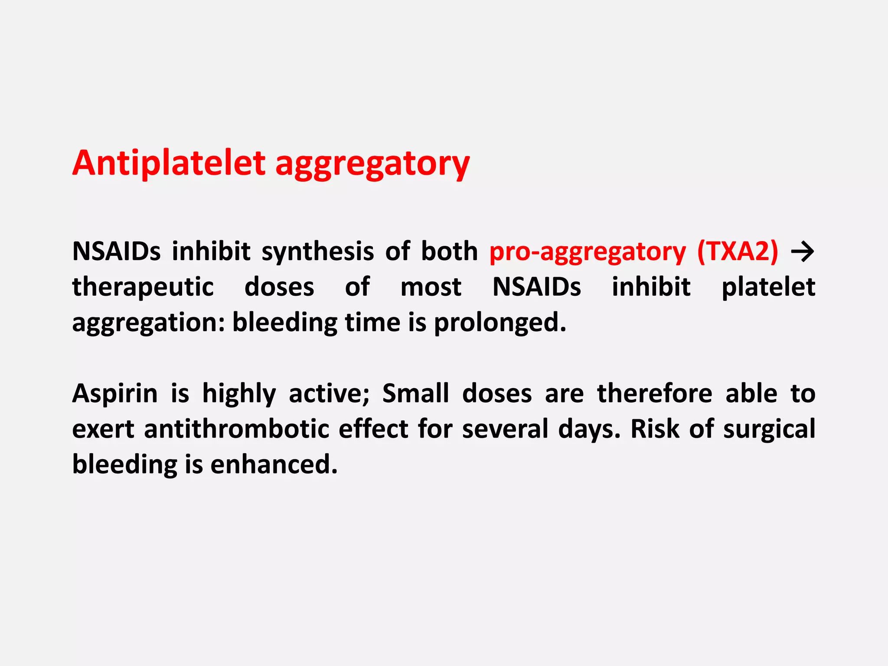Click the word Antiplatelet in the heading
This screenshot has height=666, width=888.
point(169,163)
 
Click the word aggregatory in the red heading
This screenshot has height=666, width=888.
point(372,165)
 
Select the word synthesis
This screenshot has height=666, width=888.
point(317,251)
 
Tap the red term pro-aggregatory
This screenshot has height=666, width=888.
point(588,252)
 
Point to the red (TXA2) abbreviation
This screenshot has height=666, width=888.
point(738,251)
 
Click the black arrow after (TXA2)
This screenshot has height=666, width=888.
point(803,252)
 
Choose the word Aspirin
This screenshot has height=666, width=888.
point(115,394)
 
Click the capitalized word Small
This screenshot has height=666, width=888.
point(415,394)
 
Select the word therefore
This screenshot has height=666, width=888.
point(654,394)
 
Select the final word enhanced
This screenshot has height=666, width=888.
point(274,465)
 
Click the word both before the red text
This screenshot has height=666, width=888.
point(449,251)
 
